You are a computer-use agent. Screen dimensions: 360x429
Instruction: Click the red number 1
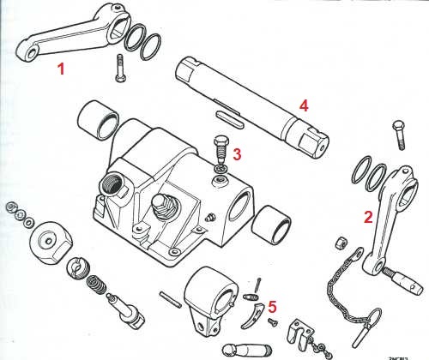[x=61, y=68]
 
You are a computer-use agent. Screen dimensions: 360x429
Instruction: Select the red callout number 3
[x=237, y=154]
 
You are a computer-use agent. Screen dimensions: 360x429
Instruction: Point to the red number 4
[x=303, y=105]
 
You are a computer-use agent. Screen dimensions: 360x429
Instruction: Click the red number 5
[x=273, y=303]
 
